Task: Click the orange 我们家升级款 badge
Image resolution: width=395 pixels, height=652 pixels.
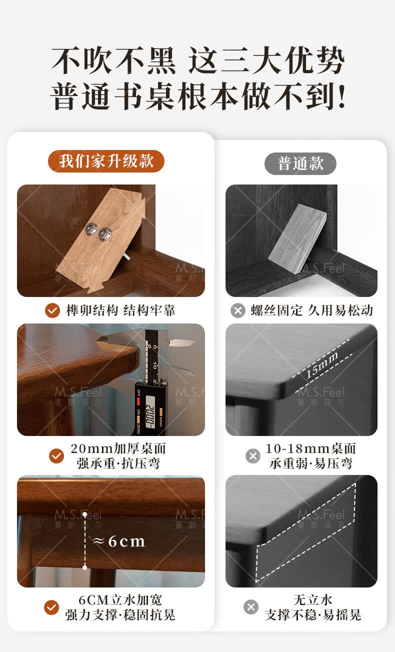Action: [106, 161]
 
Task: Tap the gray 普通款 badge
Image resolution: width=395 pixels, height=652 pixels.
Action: [300, 163]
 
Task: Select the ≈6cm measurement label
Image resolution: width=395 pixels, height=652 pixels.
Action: [119, 541]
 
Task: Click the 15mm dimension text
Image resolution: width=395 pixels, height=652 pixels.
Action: [321, 364]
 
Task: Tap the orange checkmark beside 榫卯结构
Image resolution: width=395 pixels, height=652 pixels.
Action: [52, 310]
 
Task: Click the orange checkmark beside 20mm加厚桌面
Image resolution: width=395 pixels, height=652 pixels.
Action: [56, 455]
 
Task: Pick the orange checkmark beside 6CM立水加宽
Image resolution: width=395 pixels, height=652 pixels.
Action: [51, 607]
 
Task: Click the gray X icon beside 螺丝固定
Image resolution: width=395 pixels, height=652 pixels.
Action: [238, 310]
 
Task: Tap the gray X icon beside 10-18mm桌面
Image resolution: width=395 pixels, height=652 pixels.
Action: [253, 456]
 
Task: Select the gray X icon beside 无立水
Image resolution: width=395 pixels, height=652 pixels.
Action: [251, 607]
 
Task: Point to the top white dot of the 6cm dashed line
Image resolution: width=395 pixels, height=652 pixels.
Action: [84, 514]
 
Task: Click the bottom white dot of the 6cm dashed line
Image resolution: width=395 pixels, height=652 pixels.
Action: [84, 567]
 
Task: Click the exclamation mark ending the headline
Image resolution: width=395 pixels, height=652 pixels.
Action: [341, 96]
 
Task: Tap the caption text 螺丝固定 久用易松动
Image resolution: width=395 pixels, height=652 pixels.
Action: [312, 310]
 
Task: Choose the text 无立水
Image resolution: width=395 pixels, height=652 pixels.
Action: [312, 600]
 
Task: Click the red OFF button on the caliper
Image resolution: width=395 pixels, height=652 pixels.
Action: [138, 401]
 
